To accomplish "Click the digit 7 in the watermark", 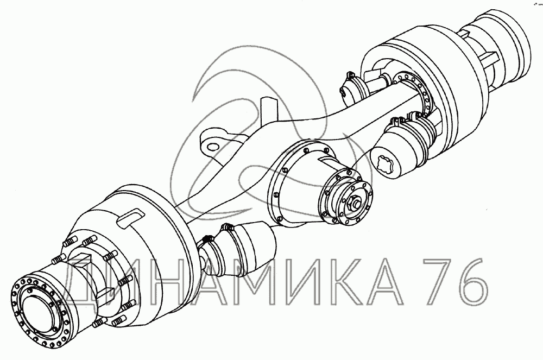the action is click(432, 281).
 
